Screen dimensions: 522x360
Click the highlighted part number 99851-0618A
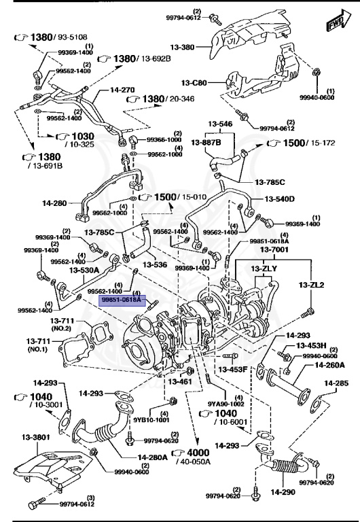point(121,299)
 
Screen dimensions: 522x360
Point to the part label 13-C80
point(194,83)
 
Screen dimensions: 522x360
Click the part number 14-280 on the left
point(56,203)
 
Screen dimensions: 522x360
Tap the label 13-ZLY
point(263,268)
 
